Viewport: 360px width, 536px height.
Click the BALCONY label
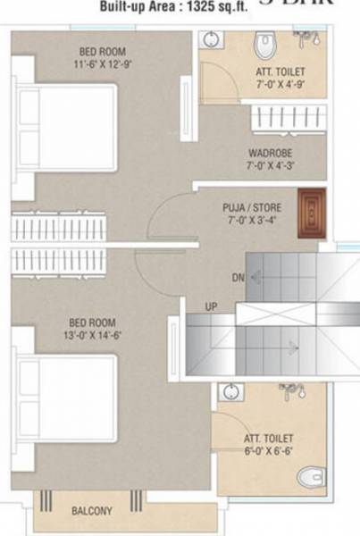92,511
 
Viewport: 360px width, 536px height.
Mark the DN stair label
238,278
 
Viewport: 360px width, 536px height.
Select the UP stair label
212,306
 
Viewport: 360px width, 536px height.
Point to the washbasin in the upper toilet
208,39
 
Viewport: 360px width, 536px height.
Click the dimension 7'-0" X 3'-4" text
252,221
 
